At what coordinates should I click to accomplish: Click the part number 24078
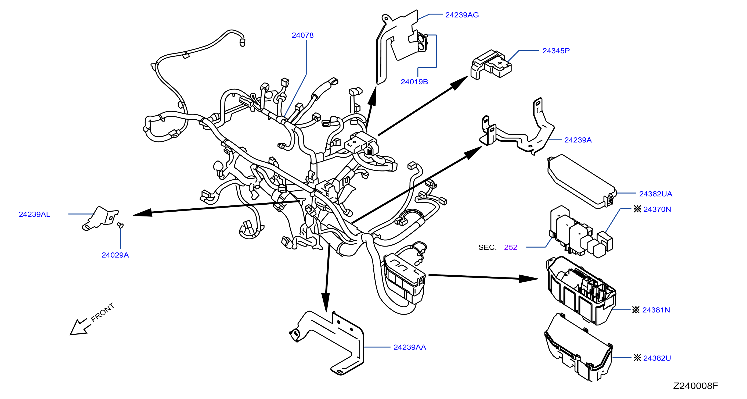point(302,35)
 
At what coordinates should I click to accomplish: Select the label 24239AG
point(462,15)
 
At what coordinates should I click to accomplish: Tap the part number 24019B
point(414,81)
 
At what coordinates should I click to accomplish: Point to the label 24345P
point(556,51)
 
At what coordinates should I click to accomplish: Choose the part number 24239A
point(578,140)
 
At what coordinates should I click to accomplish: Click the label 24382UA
point(656,194)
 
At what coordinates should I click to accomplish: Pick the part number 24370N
point(657,209)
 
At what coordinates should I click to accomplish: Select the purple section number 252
point(511,247)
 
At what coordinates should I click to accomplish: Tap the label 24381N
point(656,310)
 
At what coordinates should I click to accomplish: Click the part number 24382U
point(657,358)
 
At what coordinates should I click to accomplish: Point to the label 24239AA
point(410,347)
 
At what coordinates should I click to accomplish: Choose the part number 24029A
point(115,255)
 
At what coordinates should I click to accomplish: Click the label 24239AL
point(34,214)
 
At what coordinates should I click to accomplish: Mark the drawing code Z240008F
point(695,386)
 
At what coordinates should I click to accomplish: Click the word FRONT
point(102,312)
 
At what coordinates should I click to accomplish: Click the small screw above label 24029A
point(120,225)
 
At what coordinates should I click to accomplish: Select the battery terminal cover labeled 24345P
point(491,65)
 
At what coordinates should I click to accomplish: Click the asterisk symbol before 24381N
point(636,310)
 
